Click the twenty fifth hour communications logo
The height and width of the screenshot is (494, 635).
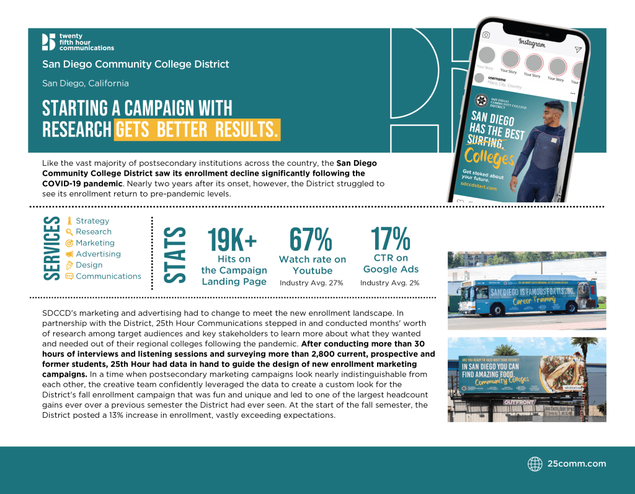pyautogui.click(x=78, y=42)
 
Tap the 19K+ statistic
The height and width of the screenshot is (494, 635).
pyautogui.click(x=233, y=240)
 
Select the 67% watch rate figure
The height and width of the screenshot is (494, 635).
pyautogui.click(x=311, y=240)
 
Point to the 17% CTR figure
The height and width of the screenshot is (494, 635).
pyautogui.click(x=391, y=238)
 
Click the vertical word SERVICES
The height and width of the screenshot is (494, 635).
pyautogui.click(x=52, y=248)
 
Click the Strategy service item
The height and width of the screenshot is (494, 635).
pyautogui.click(x=92, y=220)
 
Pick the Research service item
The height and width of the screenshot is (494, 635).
pyautogui.click(x=94, y=231)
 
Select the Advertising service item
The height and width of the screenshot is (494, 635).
pyautogui.click(x=98, y=254)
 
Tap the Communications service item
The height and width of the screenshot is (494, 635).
pyautogui.click(x=109, y=276)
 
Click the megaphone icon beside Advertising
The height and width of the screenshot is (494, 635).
pyautogui.click(x=69, y=254)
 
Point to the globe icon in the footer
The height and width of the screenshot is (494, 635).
pyautogui.click(x=535, y=464)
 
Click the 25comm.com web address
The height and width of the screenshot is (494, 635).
pyautogui.click(x=577, y=464)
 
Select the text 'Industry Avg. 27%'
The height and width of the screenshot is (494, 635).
pyautogui.click(x=311, y=283)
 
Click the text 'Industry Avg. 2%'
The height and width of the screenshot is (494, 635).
pyautogui.click(x=390, y=283)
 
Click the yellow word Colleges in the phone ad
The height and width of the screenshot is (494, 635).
pyautogui.click(x=489, y=156)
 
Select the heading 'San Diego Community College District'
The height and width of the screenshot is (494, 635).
pyautogui.click(x=136, y=64)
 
